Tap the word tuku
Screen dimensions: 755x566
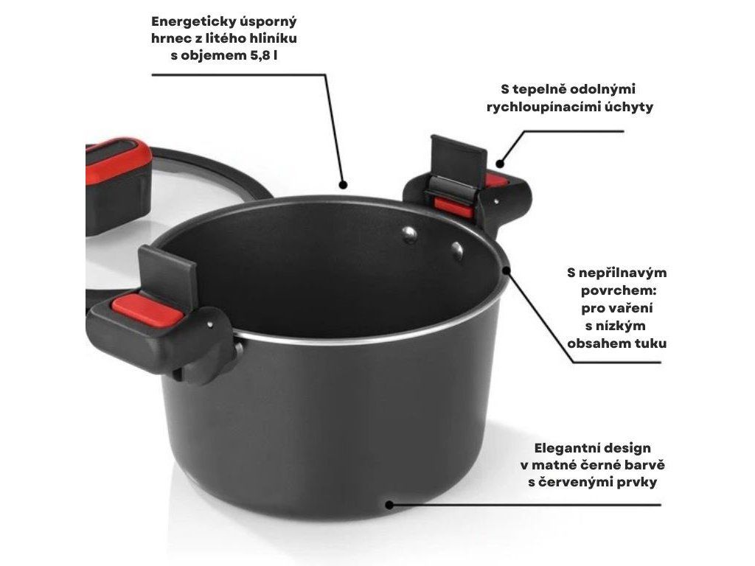point(650,343)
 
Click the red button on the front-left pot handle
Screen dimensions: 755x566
point(147,310)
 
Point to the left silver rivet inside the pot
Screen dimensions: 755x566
point(410,234)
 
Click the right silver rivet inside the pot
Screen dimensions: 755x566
point(457,251)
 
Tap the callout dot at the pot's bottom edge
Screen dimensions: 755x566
point(389,505)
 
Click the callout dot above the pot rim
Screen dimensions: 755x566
point(343,184)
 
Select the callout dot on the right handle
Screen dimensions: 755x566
point(500,164)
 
